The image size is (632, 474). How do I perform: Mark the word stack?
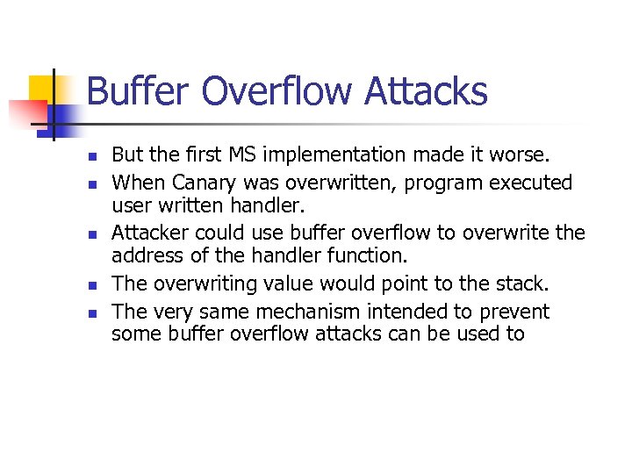click(x=524, y=283)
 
